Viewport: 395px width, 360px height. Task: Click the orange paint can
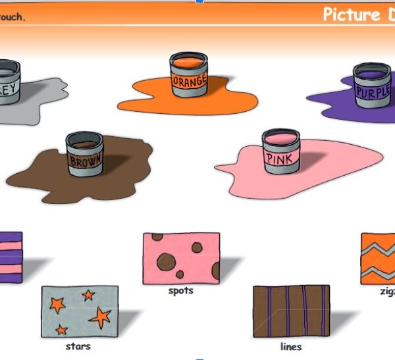189,75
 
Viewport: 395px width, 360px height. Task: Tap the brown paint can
85,154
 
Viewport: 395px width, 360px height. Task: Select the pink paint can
281,151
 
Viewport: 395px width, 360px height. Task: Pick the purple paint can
372,86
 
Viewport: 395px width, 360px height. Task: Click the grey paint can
8,82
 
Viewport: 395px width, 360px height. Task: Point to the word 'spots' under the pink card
180,290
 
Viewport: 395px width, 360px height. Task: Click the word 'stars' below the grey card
78,346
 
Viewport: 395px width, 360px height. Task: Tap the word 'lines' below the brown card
290,346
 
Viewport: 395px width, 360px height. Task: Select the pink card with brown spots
181,258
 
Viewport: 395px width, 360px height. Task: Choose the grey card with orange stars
80,311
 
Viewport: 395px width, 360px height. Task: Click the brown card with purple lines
290,311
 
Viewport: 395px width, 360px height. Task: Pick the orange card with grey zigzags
379,258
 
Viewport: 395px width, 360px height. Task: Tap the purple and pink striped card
10,257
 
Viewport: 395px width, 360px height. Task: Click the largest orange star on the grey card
100,317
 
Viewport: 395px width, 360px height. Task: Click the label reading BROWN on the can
86,161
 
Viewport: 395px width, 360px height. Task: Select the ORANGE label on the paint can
189,82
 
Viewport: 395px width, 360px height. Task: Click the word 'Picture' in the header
351,14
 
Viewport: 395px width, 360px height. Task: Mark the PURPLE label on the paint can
373,91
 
